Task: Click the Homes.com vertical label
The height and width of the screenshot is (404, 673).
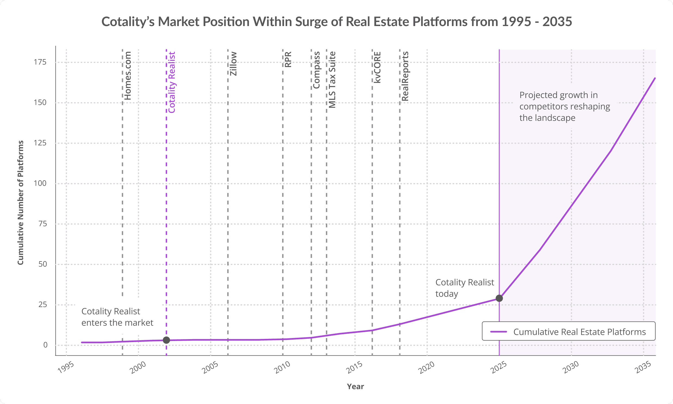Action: (x=128, y=76)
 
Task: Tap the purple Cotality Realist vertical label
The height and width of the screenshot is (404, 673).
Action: (x=172, y=82)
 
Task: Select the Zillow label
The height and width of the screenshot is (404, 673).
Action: (x=233, y=64)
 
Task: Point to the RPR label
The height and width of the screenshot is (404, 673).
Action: (x=288, y=59)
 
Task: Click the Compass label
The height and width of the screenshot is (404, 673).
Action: (x=316, y=70)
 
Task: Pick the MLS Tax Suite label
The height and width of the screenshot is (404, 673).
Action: (x=332, y=80)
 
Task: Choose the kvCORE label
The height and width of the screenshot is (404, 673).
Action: (x=377, y=67)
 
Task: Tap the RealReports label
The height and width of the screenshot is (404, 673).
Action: (x=405, y=76)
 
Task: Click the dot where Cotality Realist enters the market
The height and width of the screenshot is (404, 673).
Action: (x=166, y=340)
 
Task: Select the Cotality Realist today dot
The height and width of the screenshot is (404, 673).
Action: (x=499, y=298)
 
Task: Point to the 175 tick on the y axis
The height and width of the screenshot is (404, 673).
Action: (x=40, y=62)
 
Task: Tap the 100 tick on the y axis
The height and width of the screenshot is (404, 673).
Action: (x=40, y=183)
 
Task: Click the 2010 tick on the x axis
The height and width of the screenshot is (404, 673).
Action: (x=282, y=368)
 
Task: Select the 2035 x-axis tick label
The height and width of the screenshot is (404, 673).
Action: (x=643, y=368)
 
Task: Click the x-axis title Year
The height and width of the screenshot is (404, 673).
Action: (x=355, y=386)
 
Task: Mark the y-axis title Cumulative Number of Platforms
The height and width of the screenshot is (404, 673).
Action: (x=21, y=203)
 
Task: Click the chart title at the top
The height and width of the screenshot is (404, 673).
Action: (x=336, y=21)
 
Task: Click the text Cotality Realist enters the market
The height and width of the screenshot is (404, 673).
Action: (x=117, y=317)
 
